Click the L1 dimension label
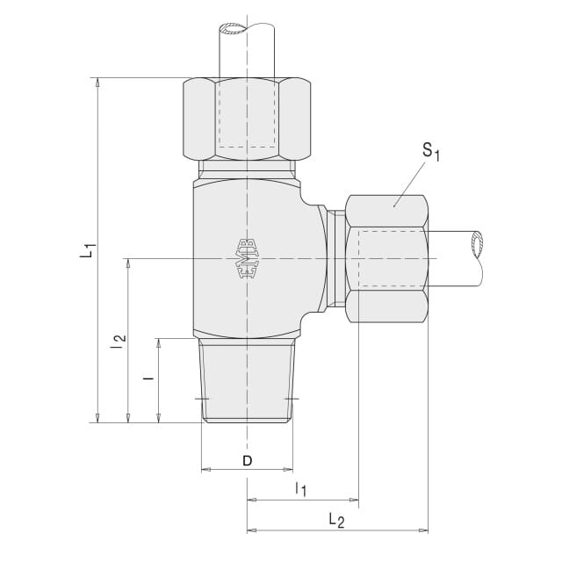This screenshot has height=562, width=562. (x=88, y=250)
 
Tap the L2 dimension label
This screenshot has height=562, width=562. (x=336, y=520)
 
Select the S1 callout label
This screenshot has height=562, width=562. (x=431, y=151)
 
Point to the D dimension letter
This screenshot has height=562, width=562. (x=248, y=461)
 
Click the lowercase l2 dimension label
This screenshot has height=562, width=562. (x=119, y=342)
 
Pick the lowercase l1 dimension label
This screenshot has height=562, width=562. (x=300, y=490)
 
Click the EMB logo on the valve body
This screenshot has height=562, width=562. (x=247, y=259)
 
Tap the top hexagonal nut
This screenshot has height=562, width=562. (x=247, y=119)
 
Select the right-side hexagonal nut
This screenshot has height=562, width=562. (x=387, y=259)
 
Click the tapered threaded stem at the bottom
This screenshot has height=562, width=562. (x=247, y=380)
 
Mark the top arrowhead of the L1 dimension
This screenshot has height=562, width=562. (x=97, y=83)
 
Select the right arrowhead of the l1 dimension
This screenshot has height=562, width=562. (x=354, y=500)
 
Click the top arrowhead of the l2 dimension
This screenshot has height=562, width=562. (x=128, y=263)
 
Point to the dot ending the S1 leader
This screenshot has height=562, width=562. (x=394, y=206)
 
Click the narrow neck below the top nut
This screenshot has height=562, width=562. (x=248, y=169)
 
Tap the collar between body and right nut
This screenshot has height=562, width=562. (x=336, y=259)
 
